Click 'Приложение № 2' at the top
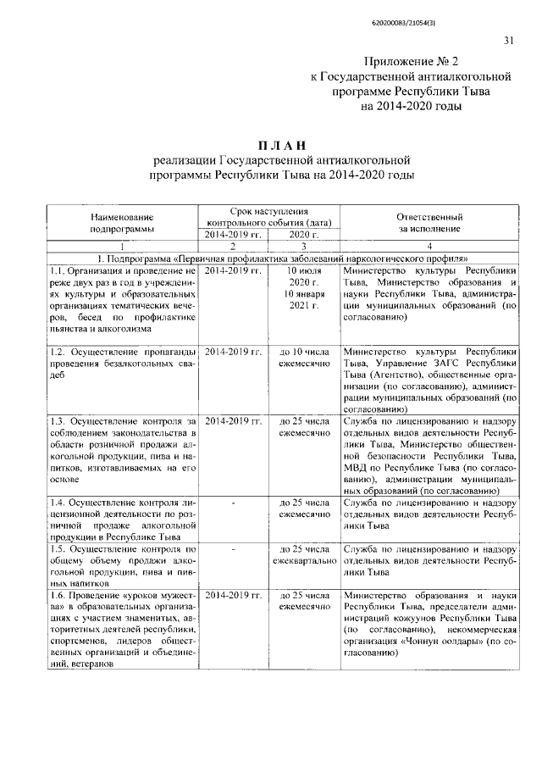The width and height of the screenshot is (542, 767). click(409, 62)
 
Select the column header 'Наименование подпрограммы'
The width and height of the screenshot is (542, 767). click(123, 222)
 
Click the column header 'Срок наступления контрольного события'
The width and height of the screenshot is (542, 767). click(268, 216)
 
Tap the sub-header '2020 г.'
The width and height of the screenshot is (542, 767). click(303, 235)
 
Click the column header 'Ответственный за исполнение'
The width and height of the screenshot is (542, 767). click(430, 222)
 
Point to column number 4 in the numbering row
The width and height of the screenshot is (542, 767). click(430, 246)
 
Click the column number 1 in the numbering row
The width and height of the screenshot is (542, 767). click(123, 246)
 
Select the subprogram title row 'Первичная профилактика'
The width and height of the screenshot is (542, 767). click(281, 258)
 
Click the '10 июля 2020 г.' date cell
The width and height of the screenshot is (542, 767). click(303, 275)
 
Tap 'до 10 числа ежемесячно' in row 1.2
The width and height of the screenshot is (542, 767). click(303, 357)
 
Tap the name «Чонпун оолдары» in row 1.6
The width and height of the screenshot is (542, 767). click(450, 642)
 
